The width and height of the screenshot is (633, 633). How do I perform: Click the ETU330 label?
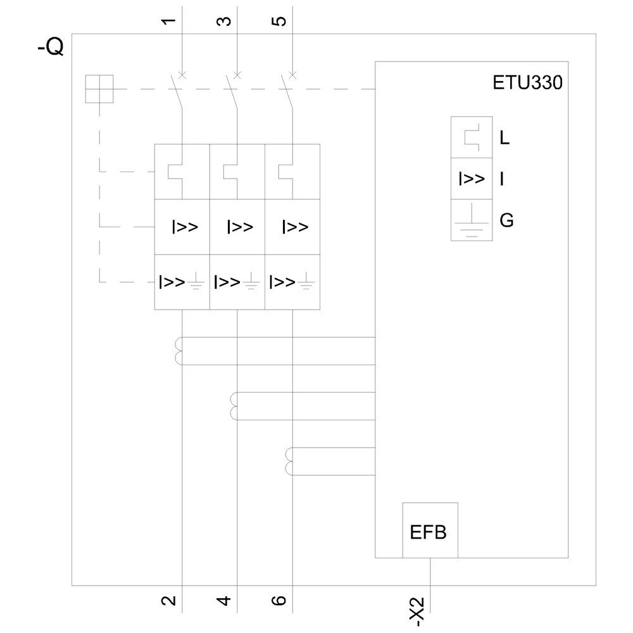[x=527, y=84]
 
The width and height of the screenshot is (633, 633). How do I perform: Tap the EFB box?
[x=429, y=531]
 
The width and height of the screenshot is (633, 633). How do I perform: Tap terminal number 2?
[x=168, y=599]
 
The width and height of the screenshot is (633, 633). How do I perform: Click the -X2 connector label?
[x=417, y=611]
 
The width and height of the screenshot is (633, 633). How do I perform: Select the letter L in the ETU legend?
[x=505, y=137]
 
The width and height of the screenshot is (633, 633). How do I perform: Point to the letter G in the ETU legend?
[x=506, y=221]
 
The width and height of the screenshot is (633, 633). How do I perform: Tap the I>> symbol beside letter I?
[x=472, y=179]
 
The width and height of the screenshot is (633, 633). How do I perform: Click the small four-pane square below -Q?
[x=99, y=89]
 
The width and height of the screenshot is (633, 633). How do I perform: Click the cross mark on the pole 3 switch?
[x=237, y=75]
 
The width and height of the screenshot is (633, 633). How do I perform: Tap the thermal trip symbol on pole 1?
[x=175, y=172]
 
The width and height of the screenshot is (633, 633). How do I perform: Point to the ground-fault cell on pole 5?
[x=292, y=282]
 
